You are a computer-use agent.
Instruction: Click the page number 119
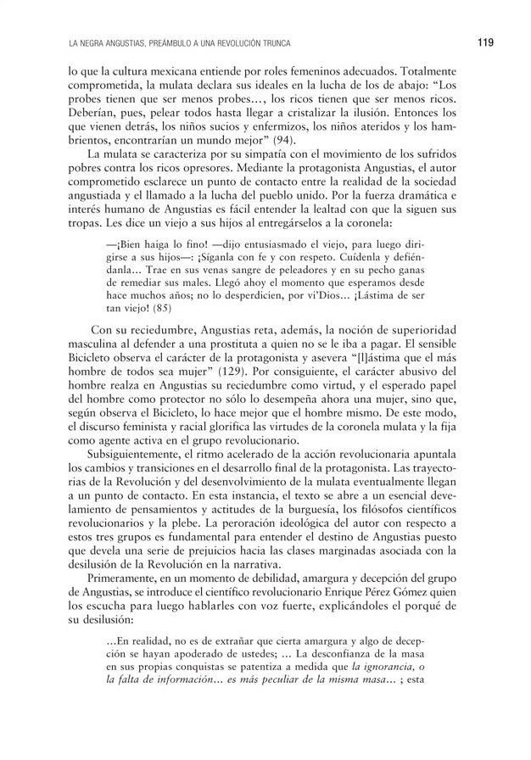(x=484, y=42)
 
